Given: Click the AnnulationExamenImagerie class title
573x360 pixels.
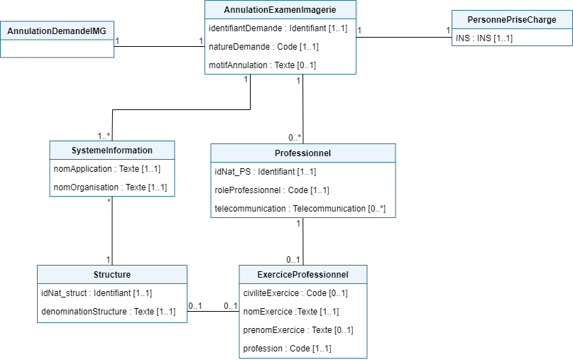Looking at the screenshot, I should pyautogui.click(x=280, y=10).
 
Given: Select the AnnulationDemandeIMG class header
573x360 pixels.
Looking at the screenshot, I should pyautogui.click(x=56, y=31).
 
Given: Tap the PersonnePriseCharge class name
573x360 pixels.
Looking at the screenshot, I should pyautogui.click(x=511, y=20).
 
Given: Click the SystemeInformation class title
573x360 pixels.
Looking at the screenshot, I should pyautogui.click(x=111, y=150).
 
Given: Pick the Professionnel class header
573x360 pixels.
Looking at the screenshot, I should pyautogui.click(x=302, y=153).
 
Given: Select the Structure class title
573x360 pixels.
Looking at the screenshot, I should pyautogui.click(x=111, y=274).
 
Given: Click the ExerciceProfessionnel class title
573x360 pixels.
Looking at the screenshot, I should pyautogui.click(x=303, y=274).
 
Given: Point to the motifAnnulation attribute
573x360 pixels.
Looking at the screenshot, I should pyautogui.click(x=262, y=65).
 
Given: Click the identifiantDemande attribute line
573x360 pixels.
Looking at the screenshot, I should pyautogui.click(x=278, y=28).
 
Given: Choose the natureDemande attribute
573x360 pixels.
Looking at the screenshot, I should pyautogui.click(x=263, y=47).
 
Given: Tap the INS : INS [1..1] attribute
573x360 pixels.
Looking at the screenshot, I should pyautogui.click(x=484, y=38).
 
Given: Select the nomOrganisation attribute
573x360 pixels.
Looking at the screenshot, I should pyautogui.click(x=110, y=187).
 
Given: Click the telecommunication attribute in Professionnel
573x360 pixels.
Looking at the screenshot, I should pyautogui.click(x=300, y=209).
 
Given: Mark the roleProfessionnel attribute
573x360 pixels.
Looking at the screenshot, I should pyautogui.click(x=272, y=190).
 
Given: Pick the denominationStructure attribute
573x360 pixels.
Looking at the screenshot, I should pyautogui.click(x=108, y=311).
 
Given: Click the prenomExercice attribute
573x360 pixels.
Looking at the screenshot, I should pyautogui.click(x=298, y=330).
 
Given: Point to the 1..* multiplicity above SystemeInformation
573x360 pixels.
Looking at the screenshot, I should pyautogui.click(x=104, y=136).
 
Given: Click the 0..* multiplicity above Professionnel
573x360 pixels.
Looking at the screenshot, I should pyautogui.click(x=295, y=137).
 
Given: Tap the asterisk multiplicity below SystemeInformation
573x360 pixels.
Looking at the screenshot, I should pyautogui.click(x=108, y=201).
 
